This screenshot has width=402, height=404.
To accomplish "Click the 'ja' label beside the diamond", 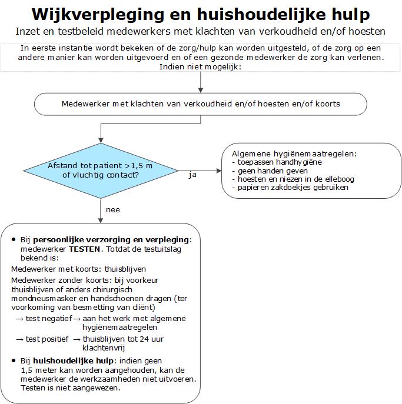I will pyautogui.click(x=192, y=175).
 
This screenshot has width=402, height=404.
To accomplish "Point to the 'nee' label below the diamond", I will pyautogui.click(x=112, y=209).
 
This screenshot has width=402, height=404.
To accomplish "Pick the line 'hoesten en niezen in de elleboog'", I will pyautogui.click(x=296, y=179).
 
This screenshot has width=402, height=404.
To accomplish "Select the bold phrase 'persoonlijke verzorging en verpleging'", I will pyautogui.click(x=112, y=241).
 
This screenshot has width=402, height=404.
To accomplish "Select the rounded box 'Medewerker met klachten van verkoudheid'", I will pyautogui.click(x=200, y=104).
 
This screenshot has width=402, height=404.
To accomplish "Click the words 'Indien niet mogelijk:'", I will pyautogui.click(x=200, y=67).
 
